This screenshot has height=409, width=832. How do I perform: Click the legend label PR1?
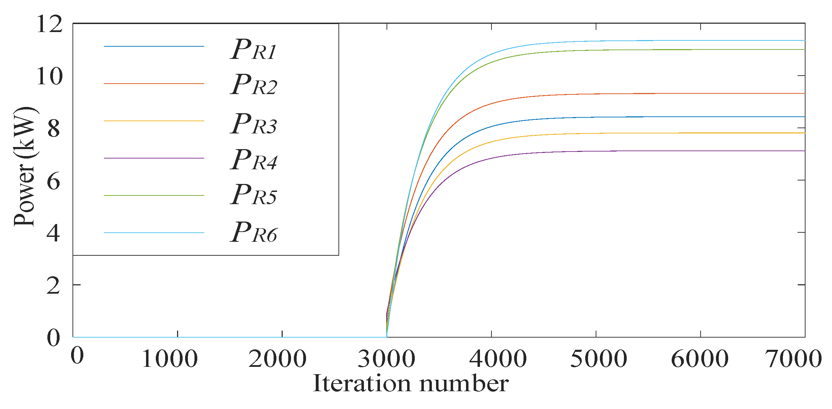253,49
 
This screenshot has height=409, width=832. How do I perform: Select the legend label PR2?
253,85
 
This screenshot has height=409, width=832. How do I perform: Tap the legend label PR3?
253,124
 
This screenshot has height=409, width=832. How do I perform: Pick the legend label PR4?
253,160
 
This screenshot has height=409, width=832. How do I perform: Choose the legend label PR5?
253,195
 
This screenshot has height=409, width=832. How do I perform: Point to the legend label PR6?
253,233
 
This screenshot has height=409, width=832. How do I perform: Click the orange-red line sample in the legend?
154,84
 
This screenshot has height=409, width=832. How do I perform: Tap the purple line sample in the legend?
154,158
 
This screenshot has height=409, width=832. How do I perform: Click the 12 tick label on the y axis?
49,24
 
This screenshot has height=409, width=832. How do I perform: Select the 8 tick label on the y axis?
54,129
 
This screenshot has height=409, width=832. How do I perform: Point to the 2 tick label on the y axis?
53,286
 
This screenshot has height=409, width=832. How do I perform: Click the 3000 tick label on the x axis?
386,359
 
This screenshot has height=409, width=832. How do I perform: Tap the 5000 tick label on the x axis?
598,359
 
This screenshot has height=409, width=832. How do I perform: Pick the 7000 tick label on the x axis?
793,359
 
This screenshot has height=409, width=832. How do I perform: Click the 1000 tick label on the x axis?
170,359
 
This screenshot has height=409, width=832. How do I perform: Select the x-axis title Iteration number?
411,384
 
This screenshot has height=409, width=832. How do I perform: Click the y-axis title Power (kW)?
25,167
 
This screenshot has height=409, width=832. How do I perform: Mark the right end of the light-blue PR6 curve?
804,40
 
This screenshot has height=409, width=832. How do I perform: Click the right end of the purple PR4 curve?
804,151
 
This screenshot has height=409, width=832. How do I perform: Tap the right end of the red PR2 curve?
804,93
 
